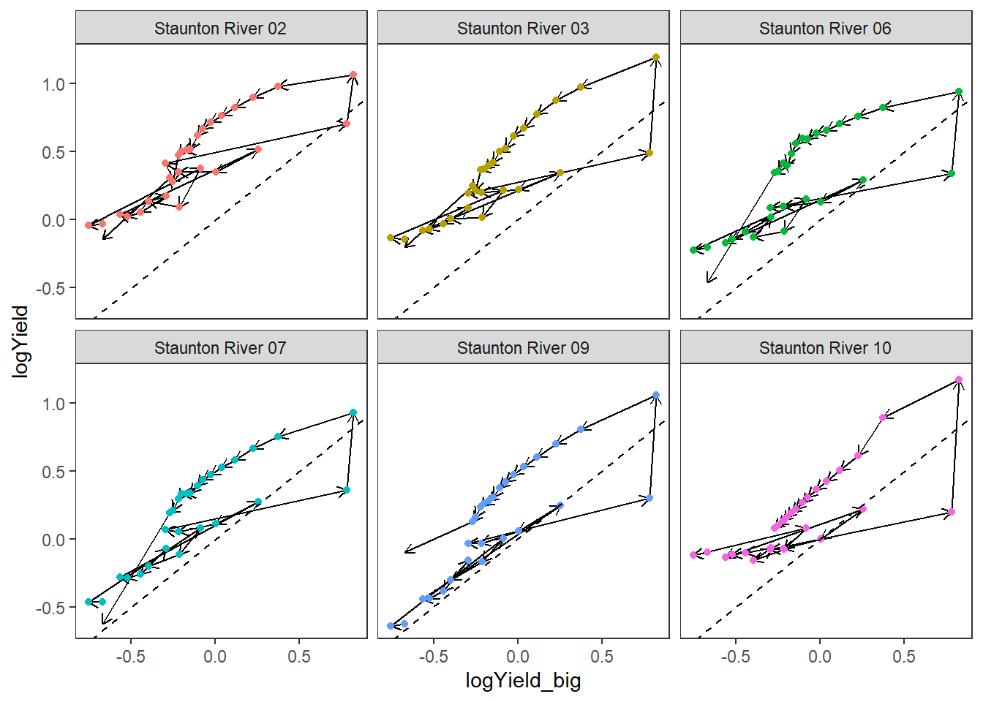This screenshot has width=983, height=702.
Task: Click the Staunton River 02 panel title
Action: pyautogui.click(x=220, y=29)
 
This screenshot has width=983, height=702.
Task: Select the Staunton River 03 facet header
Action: pyautogui.click(x=523, y=29)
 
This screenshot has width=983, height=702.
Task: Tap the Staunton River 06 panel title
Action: pyautogui.click(x=825, y=29)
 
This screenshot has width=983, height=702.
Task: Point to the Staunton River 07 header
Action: pyautogui.click(x=220, y=348)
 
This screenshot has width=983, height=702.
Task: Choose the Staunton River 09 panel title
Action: pyautogui.click(x=523, y=348)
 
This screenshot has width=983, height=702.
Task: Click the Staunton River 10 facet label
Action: pyautogui.click(x=825, y=348)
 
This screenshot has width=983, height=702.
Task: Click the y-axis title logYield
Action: pyautogui.click(x=20, y=341)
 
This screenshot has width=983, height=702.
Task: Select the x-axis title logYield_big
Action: pyautogui.click(x=523, y=681)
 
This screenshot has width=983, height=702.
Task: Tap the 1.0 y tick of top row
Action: pyautogui.click(x=53, y=84)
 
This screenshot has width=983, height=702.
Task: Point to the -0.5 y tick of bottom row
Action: pyautogui.click(x=50, y=608)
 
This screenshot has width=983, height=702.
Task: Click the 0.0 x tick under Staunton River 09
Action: pyautogui.click(x=518, y=657)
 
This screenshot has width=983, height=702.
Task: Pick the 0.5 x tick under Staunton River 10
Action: pyautogui.click(x=904, y=657)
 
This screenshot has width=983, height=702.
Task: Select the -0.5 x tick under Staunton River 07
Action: pyautogui.click(x=130, y=657)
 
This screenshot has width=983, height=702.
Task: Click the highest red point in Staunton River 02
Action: pyautogui.click(x=353, y=75)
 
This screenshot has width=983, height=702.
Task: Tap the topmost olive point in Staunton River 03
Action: pyautogui.click(x=656, y=57)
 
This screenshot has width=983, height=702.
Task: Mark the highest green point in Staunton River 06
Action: pyautogui.click(x=959, y=92)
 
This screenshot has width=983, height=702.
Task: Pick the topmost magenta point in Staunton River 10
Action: pyautogui.click(x=959, y=380)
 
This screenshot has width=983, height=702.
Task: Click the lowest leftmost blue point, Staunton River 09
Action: pyautogui.click(x=391, y=626)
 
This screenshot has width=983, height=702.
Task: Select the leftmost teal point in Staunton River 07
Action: pyautogui.click(x=88, y=602)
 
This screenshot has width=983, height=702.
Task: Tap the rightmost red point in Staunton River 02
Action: pyautogui.click(x=353, y=75)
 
